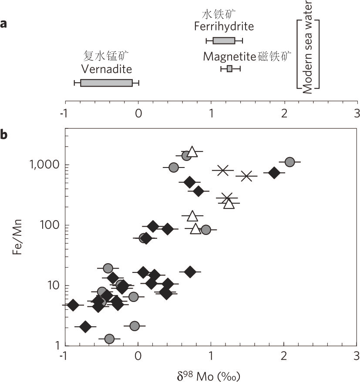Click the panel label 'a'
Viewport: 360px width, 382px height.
click(3, 23)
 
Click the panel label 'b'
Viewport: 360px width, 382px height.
click(3, 134)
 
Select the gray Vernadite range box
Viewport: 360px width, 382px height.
click(106, 83)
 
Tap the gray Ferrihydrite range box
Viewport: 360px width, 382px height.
click(224, 41)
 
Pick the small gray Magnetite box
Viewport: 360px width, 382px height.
click(229, 68)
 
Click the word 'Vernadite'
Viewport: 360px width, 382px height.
click(106, 69)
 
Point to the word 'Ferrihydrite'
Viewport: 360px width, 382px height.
click(224, 27)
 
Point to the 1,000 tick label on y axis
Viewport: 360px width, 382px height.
click(46, 165)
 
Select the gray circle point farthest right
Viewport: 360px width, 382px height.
click(290, 162)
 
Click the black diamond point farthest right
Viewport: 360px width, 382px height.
click(274, 172)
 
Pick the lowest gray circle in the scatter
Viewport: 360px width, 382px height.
click(109, 338)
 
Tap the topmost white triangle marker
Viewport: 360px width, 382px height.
click(192, 152)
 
